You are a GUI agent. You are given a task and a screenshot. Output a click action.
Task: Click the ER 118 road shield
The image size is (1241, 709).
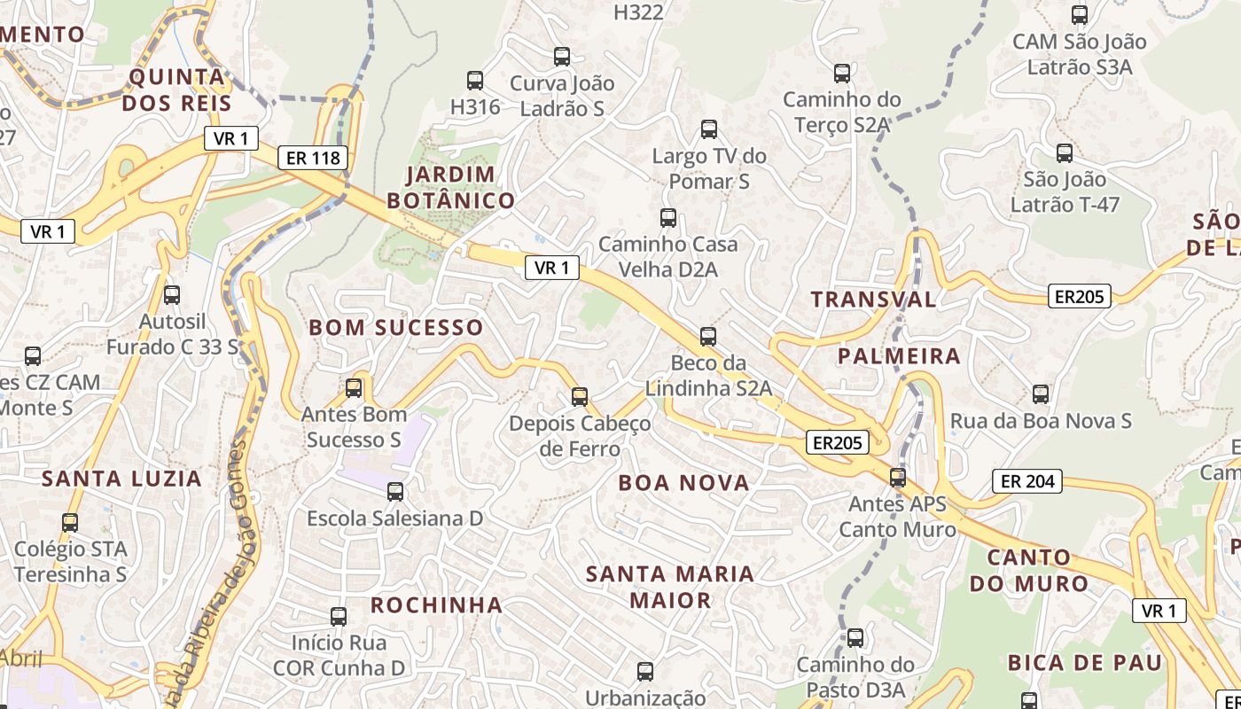pyautogui.click(x=312, y=159)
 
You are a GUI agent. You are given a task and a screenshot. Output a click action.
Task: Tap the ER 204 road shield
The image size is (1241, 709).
pyautogui.click(x=1026, y=481)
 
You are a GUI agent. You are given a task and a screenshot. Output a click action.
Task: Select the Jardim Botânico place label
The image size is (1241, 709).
pyautogui.click(x=450, y=187)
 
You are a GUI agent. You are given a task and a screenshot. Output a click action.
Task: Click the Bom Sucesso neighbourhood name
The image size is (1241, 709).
pyautogui.click(x=395, y=328)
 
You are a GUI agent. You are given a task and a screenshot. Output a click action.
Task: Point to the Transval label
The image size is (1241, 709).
pyautogui.click(x=873, y=300)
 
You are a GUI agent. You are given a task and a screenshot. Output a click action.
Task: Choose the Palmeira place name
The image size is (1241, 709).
pyautogui.click(x=899, y=356)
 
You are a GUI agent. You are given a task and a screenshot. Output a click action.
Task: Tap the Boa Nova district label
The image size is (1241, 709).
pyautogui.click(x=683, y=483)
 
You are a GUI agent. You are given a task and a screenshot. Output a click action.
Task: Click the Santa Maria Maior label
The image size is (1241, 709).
pyautogui.click(x=670, y=587)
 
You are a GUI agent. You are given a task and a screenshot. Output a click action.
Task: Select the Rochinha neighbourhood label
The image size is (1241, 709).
pyautogui.click(x=436, y=605)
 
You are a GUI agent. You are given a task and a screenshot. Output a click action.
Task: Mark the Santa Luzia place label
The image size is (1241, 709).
pyautogui.click(x=122, y=479)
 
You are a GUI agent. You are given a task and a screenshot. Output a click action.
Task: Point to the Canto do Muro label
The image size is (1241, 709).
pyautogui.click(x=1028, y=571)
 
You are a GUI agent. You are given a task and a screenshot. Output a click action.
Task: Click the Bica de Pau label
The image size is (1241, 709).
pyautogui.click(x=1084, y=663)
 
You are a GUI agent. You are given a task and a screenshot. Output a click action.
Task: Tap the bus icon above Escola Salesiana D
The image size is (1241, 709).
pyautogui.click(x=395, y=491)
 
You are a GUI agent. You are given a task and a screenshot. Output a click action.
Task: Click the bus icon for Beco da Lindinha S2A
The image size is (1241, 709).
pyautogui.click(x=707, y=337)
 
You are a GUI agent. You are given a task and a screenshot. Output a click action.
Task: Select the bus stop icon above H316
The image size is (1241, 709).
pyautogui.click(x=475, y=81)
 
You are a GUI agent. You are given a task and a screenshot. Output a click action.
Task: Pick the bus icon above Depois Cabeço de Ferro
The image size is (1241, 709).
pyautogui.click(x=580, y=396)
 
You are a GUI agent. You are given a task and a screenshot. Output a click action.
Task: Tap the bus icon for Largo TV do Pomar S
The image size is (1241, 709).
pyautogui.click(x=709, y=129)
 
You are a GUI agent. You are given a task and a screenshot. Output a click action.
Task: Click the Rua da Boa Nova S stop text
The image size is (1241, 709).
pyautogui.click(x=1041, y=421)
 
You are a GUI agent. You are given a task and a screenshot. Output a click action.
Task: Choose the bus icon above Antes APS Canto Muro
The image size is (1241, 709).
pyautogui.click(x=898, y=478)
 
